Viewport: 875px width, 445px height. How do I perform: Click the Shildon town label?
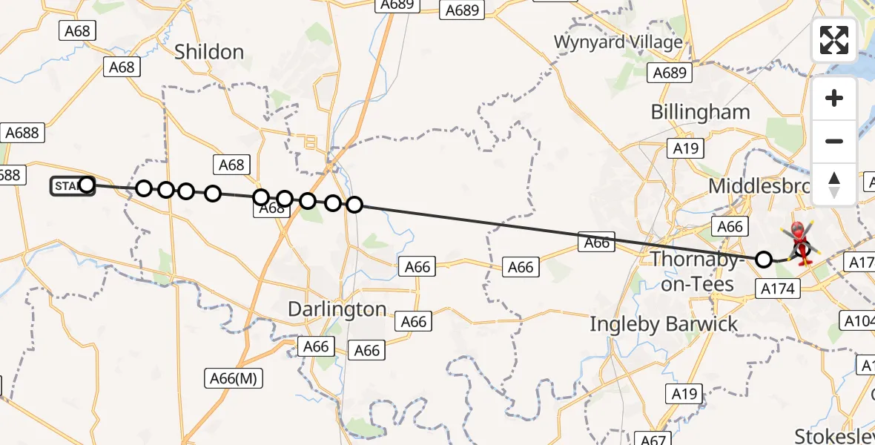click(x=208, y=52)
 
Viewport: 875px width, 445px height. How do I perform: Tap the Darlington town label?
click(x=337, y=309)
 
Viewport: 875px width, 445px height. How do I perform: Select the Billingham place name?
click(x=700, y=112)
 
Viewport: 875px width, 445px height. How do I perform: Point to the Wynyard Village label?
click(x=618, y=42)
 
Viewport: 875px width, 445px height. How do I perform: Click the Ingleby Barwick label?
click(x=664, y=323)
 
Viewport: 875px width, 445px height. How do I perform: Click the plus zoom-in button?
click(x=834, y=99)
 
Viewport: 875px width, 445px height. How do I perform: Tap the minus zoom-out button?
click(x=834, y=141)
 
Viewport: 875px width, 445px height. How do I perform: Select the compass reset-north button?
click(x=834, y=184)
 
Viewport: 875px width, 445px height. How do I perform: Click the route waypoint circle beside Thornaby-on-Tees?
click(x=764, y=259)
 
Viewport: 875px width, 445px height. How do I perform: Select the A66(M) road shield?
click(x=232, y=379)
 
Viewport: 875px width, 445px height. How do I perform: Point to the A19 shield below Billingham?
click(x=686, y=148)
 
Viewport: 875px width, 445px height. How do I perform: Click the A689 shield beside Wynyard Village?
click(x=670, y=73)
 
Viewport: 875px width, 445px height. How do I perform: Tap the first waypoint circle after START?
click(x=144, y=188)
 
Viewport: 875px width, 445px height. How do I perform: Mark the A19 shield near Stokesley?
click(x=686, y=393)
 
